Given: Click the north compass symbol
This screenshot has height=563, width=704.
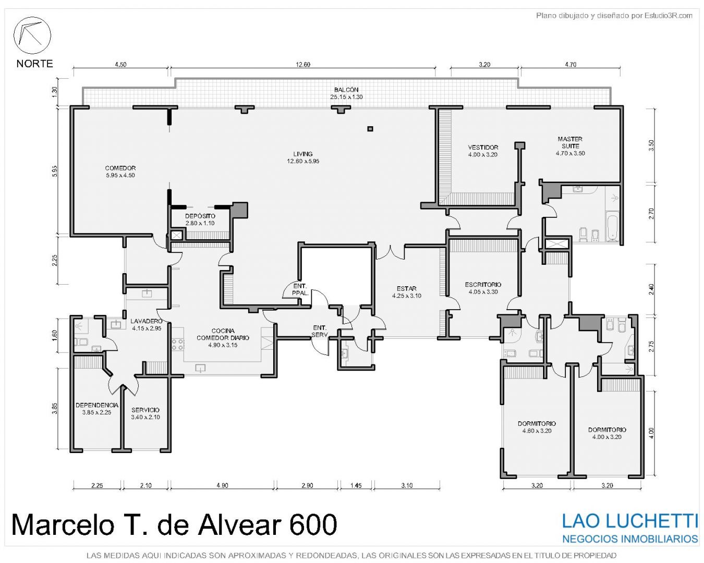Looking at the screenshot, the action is pos(32,35).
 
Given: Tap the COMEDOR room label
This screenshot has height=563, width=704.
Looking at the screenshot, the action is pos(120,168).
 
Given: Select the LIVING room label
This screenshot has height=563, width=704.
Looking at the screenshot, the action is pos(302,154).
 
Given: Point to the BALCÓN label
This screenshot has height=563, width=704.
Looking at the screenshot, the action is pos(346,90).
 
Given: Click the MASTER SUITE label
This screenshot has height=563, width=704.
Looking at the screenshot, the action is pos(570,143).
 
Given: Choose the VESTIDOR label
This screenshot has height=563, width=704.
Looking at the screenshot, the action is pos(483,148).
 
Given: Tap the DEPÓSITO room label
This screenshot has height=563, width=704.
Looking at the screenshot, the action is pos(200,216).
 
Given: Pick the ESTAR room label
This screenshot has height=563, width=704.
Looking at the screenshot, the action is pos(407,288).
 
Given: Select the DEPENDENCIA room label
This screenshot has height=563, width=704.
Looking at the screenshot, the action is pos(97,405).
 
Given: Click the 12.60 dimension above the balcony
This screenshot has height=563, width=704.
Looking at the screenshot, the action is pos(303,65).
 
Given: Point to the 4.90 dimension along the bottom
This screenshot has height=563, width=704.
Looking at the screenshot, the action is pos(222,485).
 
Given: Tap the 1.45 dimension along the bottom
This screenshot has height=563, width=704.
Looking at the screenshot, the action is pos(356,485).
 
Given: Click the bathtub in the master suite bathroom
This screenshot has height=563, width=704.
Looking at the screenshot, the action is pos(612,226).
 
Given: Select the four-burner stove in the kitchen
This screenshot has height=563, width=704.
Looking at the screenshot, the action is pos(178,345).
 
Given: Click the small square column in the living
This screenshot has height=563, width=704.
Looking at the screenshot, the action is pos(370,129).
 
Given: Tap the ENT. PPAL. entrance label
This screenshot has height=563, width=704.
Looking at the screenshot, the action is pos(300,289).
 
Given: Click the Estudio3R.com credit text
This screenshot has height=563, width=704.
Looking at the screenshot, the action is pos(669,15).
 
